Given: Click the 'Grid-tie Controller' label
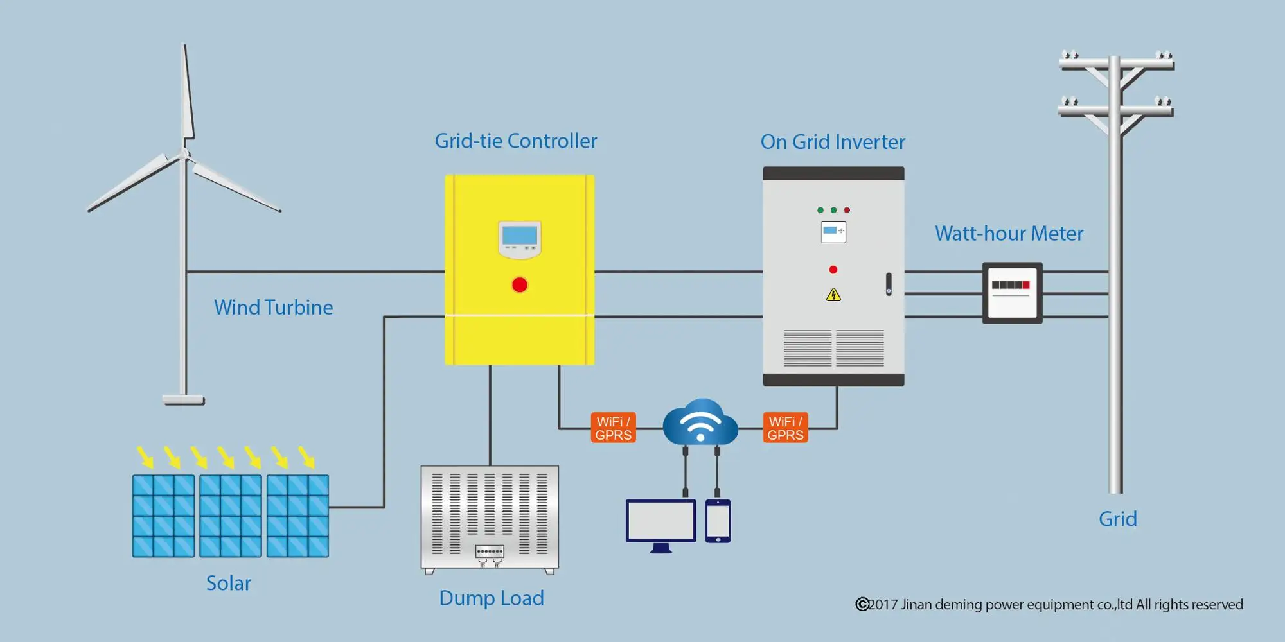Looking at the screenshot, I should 515,141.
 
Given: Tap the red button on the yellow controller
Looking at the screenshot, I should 520,285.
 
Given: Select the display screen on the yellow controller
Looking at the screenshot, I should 520,236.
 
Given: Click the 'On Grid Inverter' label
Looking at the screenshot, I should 833,142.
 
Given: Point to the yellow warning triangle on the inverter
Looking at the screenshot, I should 833,295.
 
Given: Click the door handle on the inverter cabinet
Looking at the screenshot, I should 889,284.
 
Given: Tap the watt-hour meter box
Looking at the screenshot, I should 1012,293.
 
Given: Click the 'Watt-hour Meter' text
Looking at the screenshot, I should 1009,234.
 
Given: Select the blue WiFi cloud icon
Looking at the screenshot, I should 700,423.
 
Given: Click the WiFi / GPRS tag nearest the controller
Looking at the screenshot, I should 613,428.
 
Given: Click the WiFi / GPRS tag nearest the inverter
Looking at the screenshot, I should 785,428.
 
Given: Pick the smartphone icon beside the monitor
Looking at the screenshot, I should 718,521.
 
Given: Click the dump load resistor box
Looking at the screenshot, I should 490,517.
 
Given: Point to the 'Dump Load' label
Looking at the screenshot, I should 492,598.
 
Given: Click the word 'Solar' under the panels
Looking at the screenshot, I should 228,584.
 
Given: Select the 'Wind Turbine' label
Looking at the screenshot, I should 273,308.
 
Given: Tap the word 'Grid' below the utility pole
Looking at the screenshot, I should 1117,519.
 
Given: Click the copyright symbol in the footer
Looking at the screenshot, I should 862,604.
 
